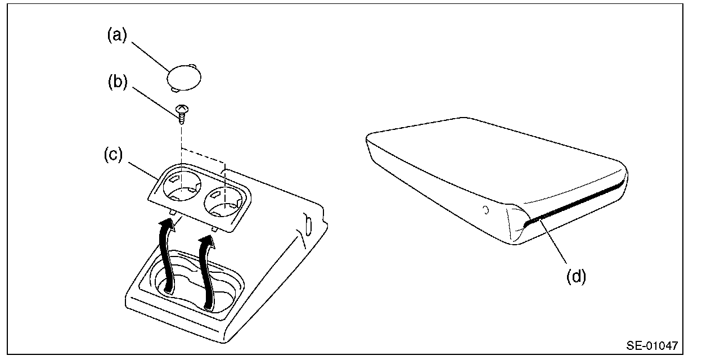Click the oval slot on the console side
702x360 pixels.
click(x=308, y=223)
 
